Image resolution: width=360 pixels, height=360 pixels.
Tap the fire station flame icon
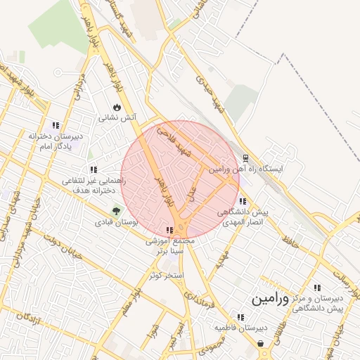pos(117,108)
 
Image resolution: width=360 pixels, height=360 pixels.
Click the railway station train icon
pos(245,158)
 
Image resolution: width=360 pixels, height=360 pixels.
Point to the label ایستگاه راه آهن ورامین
pos(245,169)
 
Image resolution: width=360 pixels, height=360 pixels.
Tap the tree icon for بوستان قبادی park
pos(117,210)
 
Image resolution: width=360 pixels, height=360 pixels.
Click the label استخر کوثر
pos(166,274)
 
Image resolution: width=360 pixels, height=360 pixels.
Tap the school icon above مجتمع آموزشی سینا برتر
pos(169,230)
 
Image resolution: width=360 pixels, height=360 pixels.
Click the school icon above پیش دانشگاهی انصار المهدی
pos(243,201)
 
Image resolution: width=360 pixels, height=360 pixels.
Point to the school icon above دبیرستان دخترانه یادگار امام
pos(56,125)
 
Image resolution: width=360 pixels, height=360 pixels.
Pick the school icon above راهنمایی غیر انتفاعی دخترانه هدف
pos(94,169)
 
